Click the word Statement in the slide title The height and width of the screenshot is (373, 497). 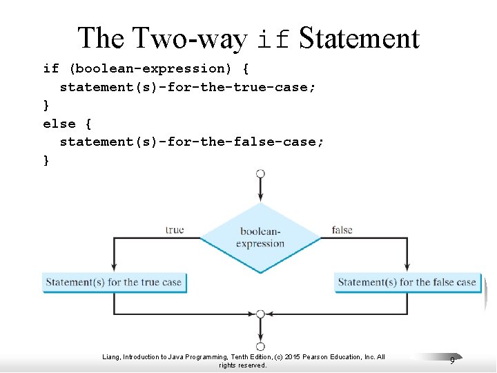pyautogui.click(x=359, y=38)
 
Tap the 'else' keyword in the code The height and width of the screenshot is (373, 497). pyautogui.click(x=59, y=124)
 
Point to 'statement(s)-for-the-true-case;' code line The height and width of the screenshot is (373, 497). pyautogui.click(x=188, y=87)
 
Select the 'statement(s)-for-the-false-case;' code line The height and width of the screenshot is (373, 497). pyautogui.click(x=192, y=142)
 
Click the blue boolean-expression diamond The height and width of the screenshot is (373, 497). pyautogui.click(x=260, y=238)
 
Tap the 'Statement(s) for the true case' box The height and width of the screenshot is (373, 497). pyautogui.click(x=114, y=282)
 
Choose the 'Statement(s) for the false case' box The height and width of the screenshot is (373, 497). pyautogui.click(x=407, y=282)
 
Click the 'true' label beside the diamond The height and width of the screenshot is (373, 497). pyautogui.click(x=175, y=229)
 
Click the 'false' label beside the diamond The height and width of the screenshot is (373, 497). pyautogui.click(x=342, y=229)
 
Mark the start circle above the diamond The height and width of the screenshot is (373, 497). pyautogui.click(x=260, y=173)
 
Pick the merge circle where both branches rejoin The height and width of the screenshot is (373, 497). pyautogui.click(x=260, y=314)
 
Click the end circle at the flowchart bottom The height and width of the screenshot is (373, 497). pyautogui.click(x=260, y=347)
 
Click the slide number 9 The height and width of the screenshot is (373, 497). pyautogui.click(x=451, y=360)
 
